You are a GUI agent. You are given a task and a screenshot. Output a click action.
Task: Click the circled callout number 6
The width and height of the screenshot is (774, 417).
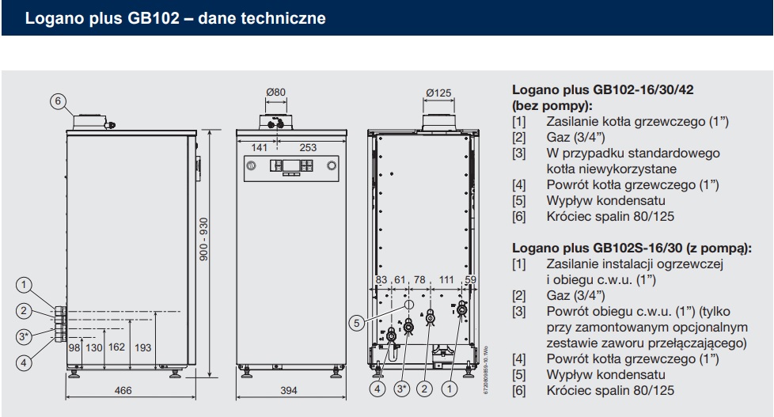56,100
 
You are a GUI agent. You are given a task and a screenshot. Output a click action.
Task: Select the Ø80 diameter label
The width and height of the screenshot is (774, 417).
275,93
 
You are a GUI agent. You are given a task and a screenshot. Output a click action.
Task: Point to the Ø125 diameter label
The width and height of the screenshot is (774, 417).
438,93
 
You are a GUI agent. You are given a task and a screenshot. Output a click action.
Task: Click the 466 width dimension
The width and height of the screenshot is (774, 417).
123,390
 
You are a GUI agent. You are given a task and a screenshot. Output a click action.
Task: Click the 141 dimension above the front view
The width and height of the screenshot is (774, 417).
259,147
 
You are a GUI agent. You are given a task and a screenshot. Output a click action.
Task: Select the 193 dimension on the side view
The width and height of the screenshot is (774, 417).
143,347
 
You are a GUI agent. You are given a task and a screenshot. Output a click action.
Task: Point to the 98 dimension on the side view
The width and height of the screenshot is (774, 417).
74,347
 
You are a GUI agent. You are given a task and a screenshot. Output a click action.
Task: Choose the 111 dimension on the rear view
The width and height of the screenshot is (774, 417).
446,281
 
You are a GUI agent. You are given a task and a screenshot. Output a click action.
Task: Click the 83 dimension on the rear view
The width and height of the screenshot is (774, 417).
381,281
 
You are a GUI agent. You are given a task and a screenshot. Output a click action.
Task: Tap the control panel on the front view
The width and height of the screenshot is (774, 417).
290,166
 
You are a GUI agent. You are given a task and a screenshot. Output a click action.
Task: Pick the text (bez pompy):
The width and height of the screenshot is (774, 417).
552,105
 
